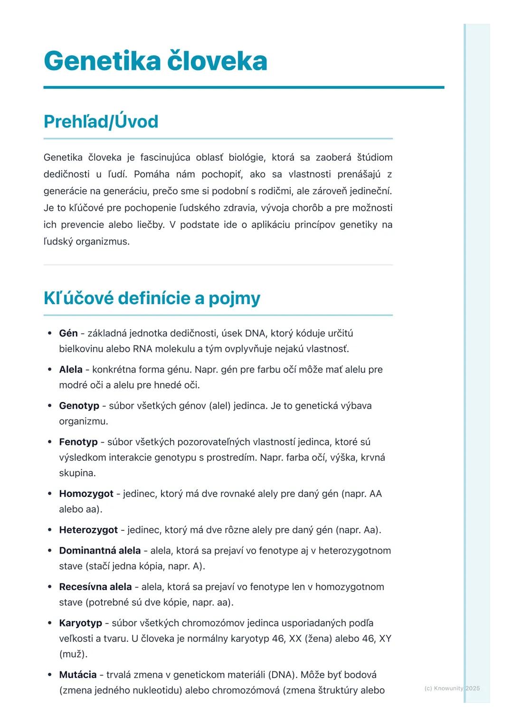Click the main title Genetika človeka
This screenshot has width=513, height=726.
[x=155, y=61]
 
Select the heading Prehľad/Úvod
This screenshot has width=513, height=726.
[x=101, y=122]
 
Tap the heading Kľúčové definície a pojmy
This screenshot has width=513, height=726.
[x=152, y=298]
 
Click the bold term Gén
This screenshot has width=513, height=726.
[x=68, y=334]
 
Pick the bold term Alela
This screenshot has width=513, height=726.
[x=71, y=370]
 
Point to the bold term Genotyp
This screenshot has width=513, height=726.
[x=79, y=406]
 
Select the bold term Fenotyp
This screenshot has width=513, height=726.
[x=78, y=442]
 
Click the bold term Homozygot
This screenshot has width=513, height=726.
[x=86, y=494]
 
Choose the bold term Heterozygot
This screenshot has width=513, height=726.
[x=88, y=530]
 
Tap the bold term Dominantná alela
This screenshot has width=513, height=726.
[x=100, y=551]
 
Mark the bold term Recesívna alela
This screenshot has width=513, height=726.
[x=95, y=587]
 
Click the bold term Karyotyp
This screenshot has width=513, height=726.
[x=80, y=623]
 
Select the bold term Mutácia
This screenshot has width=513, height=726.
[x=78, y=675]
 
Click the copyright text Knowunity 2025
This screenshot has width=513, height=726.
[x=452, y=688]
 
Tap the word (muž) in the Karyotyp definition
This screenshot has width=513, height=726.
[x=73, y=654]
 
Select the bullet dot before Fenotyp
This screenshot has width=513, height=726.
[x=50, y=442]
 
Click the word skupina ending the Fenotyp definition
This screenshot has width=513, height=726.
[x=77, y=473]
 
